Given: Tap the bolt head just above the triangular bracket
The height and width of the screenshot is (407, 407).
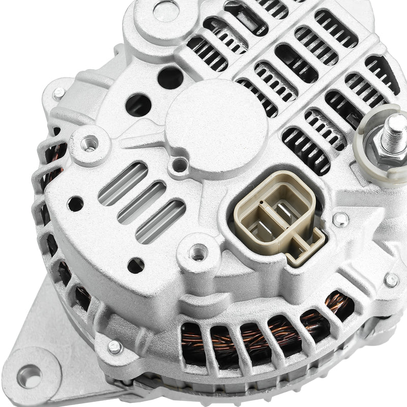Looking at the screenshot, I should [x=115, y=347].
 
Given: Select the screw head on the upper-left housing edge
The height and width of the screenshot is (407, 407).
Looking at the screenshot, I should [x=60, y=93].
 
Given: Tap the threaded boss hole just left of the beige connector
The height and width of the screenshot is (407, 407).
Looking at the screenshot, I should [x=198, y=251].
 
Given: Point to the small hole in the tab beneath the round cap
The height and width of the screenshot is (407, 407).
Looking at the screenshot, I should [x=180, y=164].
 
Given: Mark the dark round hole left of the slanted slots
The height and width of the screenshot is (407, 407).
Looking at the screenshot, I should [x=75, y=204].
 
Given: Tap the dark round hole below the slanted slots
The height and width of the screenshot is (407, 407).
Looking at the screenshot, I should [x=136, y=265].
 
